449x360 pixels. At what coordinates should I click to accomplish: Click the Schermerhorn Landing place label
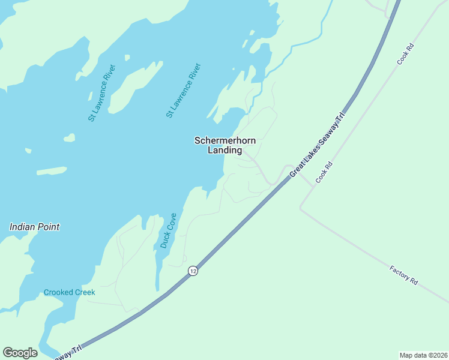click(x=225, y=145)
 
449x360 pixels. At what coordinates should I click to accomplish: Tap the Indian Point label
click(x=34, y=227)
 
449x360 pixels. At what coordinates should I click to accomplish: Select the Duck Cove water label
click(x=168, y=230)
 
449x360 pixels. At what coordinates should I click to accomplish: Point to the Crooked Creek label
click(x=69, y=292)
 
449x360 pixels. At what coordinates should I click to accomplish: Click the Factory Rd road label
click(x=403, y=275)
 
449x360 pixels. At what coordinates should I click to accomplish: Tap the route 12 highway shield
click(x=192, y=271)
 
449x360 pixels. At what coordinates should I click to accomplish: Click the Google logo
click(x=20, y=353)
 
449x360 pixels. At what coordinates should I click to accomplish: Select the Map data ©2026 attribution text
click(x=423, y=355)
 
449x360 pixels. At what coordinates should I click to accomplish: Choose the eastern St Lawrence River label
click(x=184, y=90)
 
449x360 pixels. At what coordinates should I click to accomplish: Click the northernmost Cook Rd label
click(x=406, y=53)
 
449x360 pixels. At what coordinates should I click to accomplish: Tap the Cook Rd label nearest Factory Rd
click(x=324, y=173)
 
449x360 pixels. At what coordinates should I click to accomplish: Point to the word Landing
click(x=224, y=151)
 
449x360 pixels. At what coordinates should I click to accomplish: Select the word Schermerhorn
click(x=225, y=140)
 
